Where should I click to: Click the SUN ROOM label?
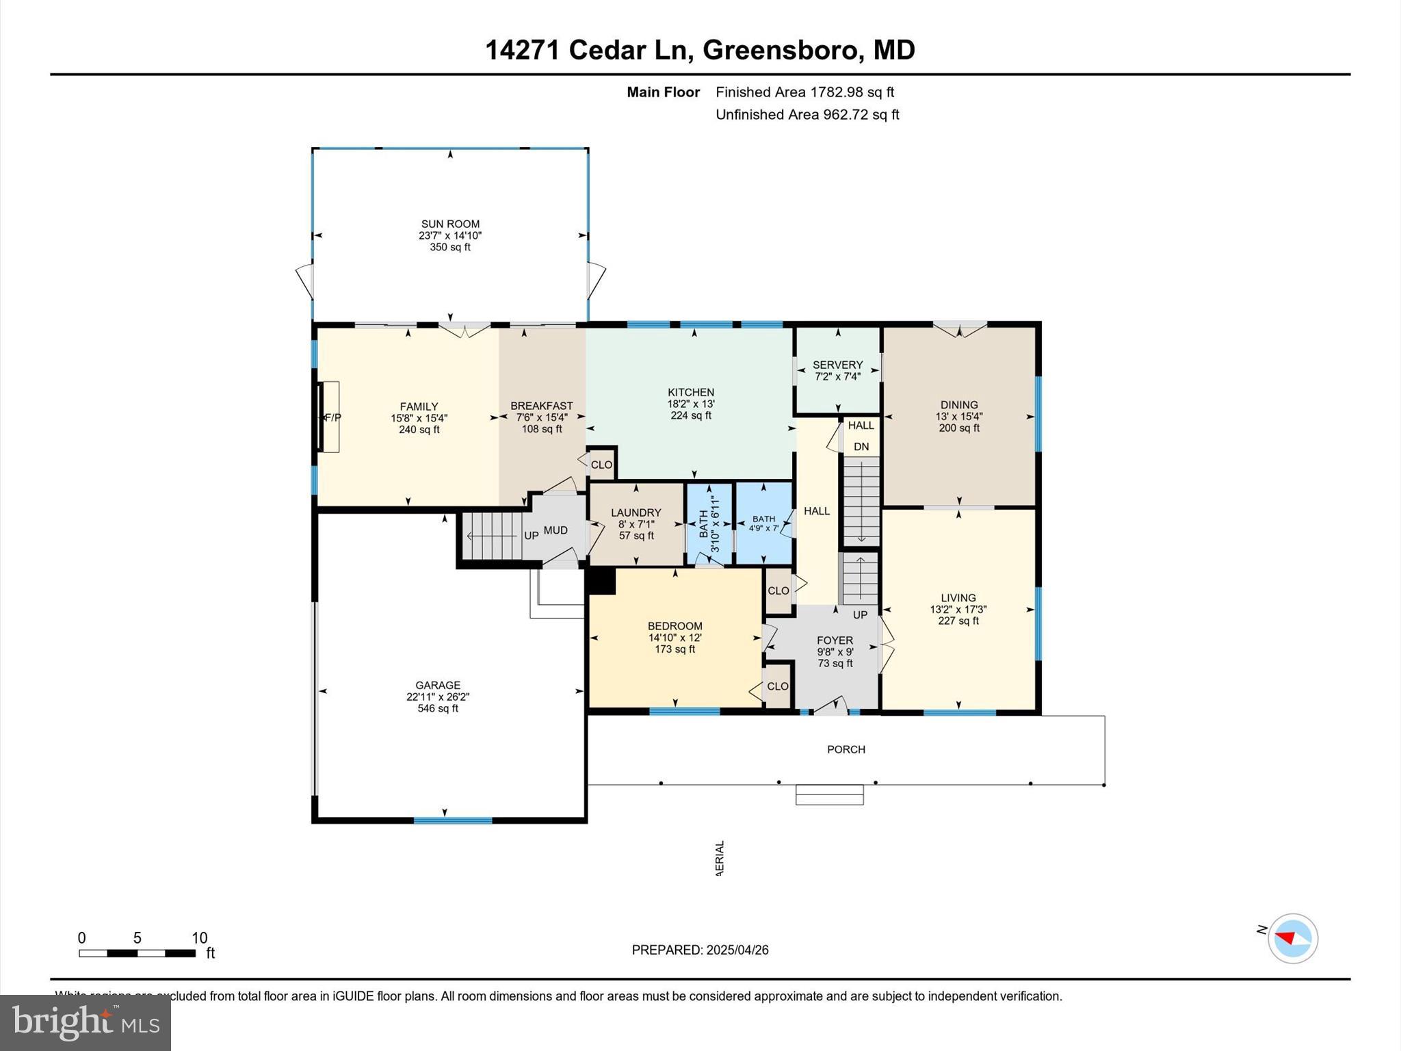[x=450, y=224]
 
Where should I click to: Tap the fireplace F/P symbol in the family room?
[x=332, y=417]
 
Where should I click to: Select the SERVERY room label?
[x=837, y=365]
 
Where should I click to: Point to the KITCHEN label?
[x=691, y=392]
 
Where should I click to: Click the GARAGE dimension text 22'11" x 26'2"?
[x=438, y=697]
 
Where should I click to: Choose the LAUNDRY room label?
[x=636, y=512]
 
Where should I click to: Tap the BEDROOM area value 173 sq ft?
[x=675, y=649]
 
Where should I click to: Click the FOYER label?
[x=835, y=640]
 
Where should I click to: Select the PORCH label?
[x=846, y=749]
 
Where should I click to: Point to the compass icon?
[x=1292, y=938]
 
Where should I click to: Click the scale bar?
[x=138, y=953]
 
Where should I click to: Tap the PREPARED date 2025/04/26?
[x=737, y=950]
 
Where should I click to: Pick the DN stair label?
[x=861, y=447]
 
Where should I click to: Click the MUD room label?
[x=555, y=530]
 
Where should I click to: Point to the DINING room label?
[x=959, y=404]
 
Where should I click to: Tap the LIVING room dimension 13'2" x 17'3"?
[x=958, y=609]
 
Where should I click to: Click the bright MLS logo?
[x=86, y=1022]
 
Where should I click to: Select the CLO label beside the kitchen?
[x=601, y=465]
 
